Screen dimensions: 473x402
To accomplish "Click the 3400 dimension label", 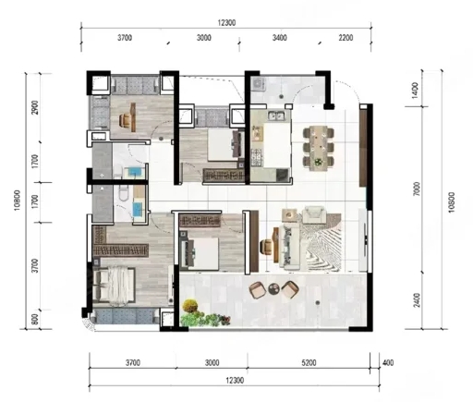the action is [x=280, y=38].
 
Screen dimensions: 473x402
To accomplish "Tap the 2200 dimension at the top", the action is [x=346, y=38].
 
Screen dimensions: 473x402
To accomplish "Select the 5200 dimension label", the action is [x=309, y=363].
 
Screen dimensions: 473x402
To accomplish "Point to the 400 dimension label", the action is [x=388, y=363].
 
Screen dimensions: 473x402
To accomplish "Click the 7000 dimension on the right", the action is [x=416, y=189].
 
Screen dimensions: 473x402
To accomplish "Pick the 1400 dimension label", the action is [x=416, y=90].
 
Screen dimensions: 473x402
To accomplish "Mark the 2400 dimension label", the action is [x=417, y=300].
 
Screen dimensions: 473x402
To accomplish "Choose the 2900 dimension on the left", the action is [x=35, y=107].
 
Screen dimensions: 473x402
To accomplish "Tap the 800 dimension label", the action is [x=35, y=319].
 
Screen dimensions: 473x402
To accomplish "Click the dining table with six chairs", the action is [x=319, y=148].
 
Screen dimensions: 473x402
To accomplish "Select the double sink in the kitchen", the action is [x=275, y=116].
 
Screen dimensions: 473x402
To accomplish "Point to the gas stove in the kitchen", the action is [x=257, y=157].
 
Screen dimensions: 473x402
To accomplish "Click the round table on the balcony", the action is [x=273, y=289].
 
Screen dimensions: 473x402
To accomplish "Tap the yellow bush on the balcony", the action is [x=190, y=306].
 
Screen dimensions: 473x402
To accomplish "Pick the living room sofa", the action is [x=289, y=247].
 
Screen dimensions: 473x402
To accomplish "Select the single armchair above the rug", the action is [x=313, y=214].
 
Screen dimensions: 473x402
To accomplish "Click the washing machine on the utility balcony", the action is [x=258, y=83].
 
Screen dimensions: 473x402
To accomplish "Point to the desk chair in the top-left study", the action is [x=125, y=119].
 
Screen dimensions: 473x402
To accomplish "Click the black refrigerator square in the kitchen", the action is [x=282, y=175].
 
